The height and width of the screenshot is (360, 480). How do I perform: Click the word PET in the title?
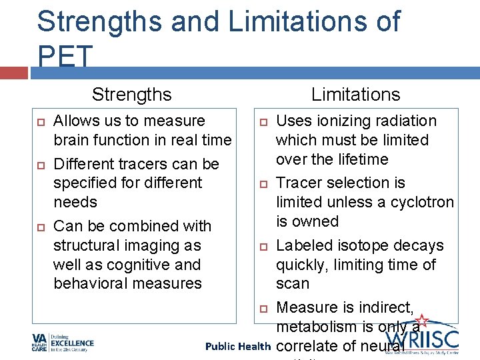click(x=65, y=58)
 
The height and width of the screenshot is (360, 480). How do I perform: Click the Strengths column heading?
click(x=131, y=95)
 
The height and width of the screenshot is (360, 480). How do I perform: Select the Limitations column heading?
click(x=355, y=95)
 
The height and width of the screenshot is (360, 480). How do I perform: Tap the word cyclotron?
click(x=421, y=202)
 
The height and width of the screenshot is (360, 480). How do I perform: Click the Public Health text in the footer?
click(x=237, y=347)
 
